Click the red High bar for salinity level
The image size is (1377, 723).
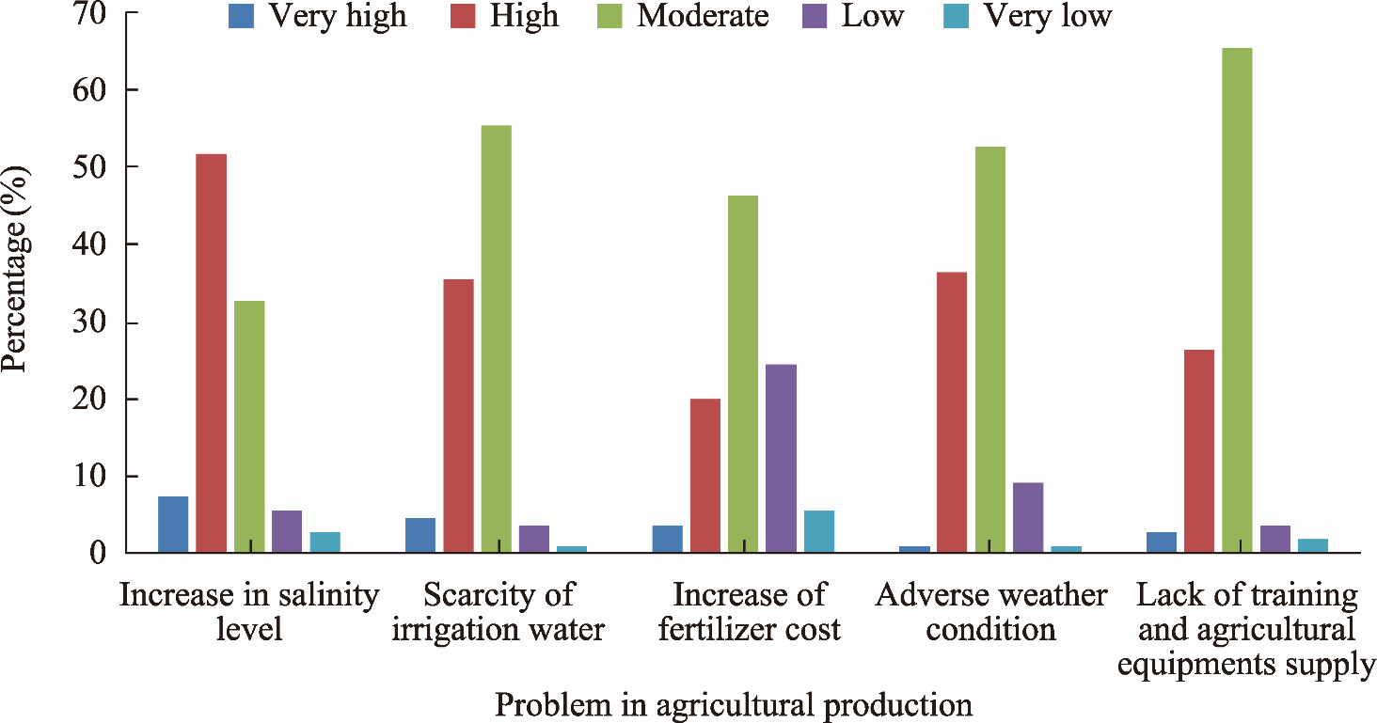tap(211, 353)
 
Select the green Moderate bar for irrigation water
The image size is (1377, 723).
tap(497, 338)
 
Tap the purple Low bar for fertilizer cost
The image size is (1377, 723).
tap(781, 458)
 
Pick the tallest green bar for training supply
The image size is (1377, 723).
tap(1237, 300)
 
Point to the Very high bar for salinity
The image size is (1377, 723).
tap(173, 524)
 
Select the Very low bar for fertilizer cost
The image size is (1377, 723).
tap(819, 531)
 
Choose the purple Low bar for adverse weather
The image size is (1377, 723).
tap(1028, 517)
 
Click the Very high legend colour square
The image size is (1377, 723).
tap(242, 16)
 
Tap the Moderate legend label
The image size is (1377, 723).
tap(702, 16)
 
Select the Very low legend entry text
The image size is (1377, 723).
tap(1047, 16)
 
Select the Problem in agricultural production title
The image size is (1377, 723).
tap(734, 704)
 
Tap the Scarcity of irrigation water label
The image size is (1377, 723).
tap(498, 611)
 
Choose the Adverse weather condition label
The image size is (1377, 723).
tap(990, 611)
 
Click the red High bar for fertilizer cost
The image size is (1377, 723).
tap(705, 476)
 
